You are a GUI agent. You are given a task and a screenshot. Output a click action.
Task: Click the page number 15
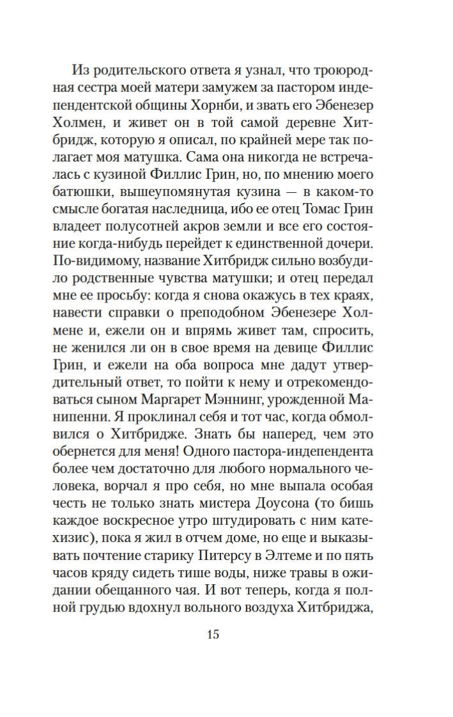tap(213, 635)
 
